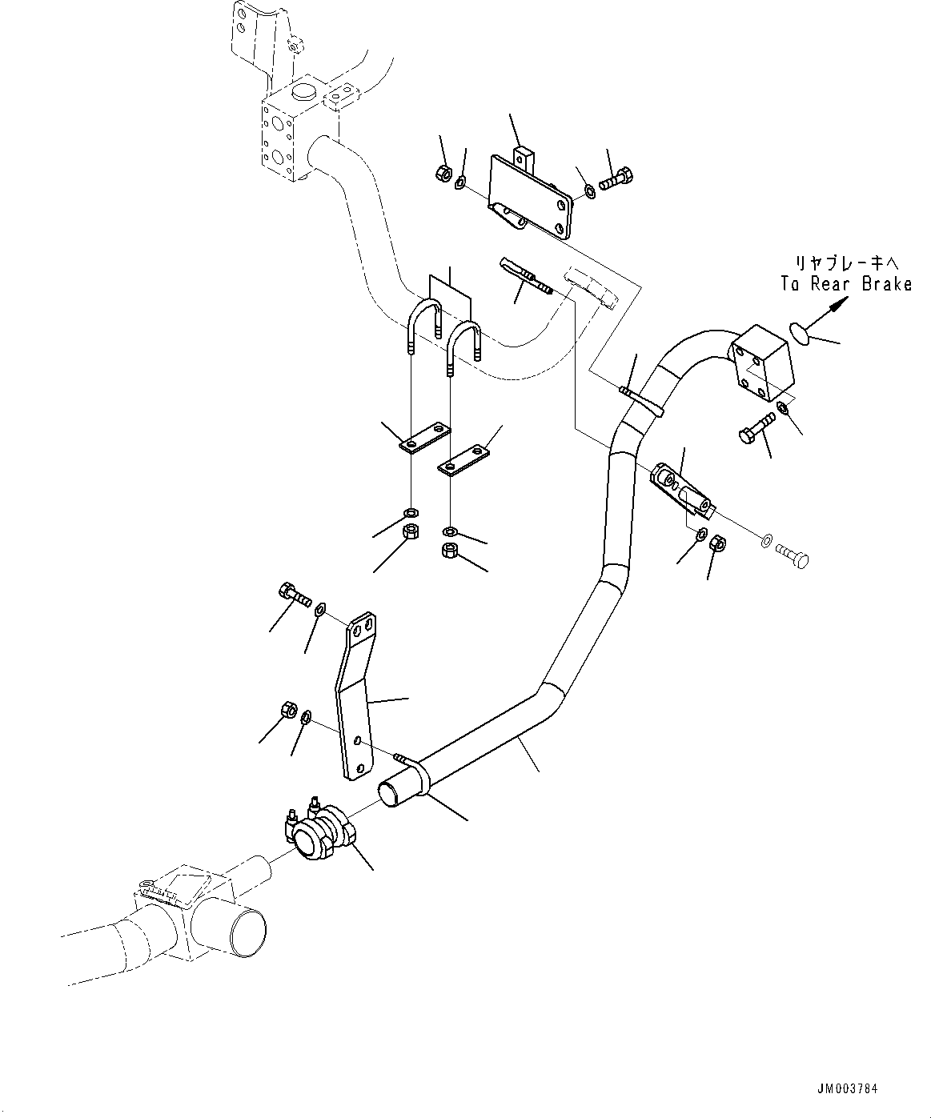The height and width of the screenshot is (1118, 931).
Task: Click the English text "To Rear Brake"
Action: click(x=846, y=284)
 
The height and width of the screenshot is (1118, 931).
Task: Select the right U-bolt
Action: click(x=463, y=345)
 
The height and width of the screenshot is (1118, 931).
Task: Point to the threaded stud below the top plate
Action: click(x=527, y=276)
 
